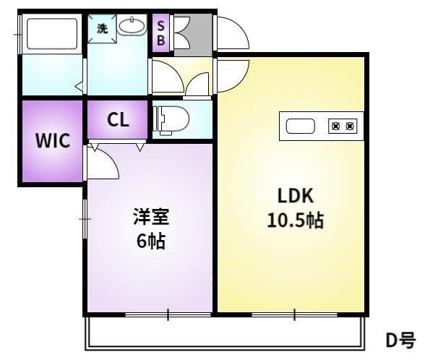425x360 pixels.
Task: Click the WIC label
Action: coord(53,140)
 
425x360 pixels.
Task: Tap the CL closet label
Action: coord(118,119)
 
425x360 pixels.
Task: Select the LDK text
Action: coord(296,195)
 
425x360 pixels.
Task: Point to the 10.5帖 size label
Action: coord(295,220)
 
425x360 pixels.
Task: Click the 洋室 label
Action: coord(151,217)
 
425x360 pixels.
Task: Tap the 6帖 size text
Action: coord(150,241)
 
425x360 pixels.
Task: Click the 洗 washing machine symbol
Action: coord(102,28)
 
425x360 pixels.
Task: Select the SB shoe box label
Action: coord(160,33)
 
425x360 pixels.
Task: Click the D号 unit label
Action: coord(400,340)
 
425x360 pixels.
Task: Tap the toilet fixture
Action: coord(171,120)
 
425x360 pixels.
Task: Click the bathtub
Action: coord(52,34)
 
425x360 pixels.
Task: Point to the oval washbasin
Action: coord(132,26)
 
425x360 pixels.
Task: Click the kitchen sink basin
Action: coord(301,127)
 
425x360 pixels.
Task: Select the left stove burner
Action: coord(336,126)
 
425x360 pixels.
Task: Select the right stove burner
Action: coord(350,126)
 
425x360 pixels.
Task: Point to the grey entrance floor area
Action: coord(193,35)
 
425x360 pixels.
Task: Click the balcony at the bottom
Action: coord(225,333)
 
